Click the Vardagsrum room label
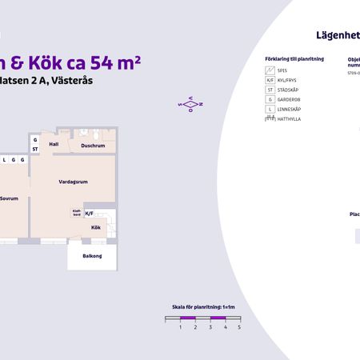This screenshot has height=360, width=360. (73, 182)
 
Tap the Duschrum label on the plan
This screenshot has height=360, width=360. (93, 146)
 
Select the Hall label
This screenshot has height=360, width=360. (54, 144)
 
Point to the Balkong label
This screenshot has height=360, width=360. (92, 256)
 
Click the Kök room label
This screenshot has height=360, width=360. (95, 228)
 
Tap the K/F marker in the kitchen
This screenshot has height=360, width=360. (90, 214)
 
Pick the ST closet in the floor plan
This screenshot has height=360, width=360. (35, 149)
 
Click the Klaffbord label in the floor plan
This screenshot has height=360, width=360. (76, 214)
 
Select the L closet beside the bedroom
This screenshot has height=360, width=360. (5, 159)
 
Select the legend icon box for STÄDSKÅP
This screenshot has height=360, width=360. (270, 90)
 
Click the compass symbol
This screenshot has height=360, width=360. (191, 104)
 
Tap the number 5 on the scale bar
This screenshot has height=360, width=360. (239, 327)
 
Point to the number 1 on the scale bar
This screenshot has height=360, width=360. (181, 327)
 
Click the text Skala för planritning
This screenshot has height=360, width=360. (202, 306)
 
